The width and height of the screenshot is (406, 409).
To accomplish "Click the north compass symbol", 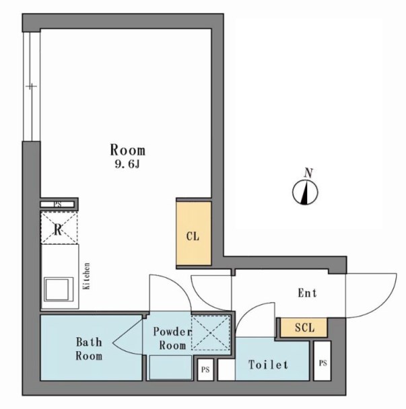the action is coord(305,192).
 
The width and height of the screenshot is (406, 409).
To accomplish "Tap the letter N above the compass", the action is coord(308,173).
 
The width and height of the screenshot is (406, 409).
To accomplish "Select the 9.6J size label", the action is coord(127,164).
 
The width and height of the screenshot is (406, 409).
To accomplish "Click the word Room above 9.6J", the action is coord(127,150).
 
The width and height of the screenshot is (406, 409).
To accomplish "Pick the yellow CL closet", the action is coord(193,233).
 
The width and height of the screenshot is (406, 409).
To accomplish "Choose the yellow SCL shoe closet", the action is coord(304,328).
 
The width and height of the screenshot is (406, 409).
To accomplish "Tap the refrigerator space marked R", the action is coord(59,228).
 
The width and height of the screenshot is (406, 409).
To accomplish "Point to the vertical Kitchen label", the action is coord(86,276).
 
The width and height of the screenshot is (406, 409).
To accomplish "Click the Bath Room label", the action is coord(89,348).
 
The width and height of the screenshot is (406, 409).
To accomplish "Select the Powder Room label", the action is coord(172,338).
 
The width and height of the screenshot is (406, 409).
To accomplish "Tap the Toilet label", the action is coord(269,365).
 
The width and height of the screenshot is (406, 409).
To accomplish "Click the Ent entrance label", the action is coord(307,293).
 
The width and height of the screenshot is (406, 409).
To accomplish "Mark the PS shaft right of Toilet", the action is coord(323,361).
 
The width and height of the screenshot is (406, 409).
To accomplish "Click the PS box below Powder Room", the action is coord(205,369).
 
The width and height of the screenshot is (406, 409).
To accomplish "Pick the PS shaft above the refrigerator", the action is coord(58,204).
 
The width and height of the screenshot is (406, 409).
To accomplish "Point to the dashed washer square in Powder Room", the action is coord(211,332).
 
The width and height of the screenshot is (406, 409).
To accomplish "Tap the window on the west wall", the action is coord(32,86).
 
